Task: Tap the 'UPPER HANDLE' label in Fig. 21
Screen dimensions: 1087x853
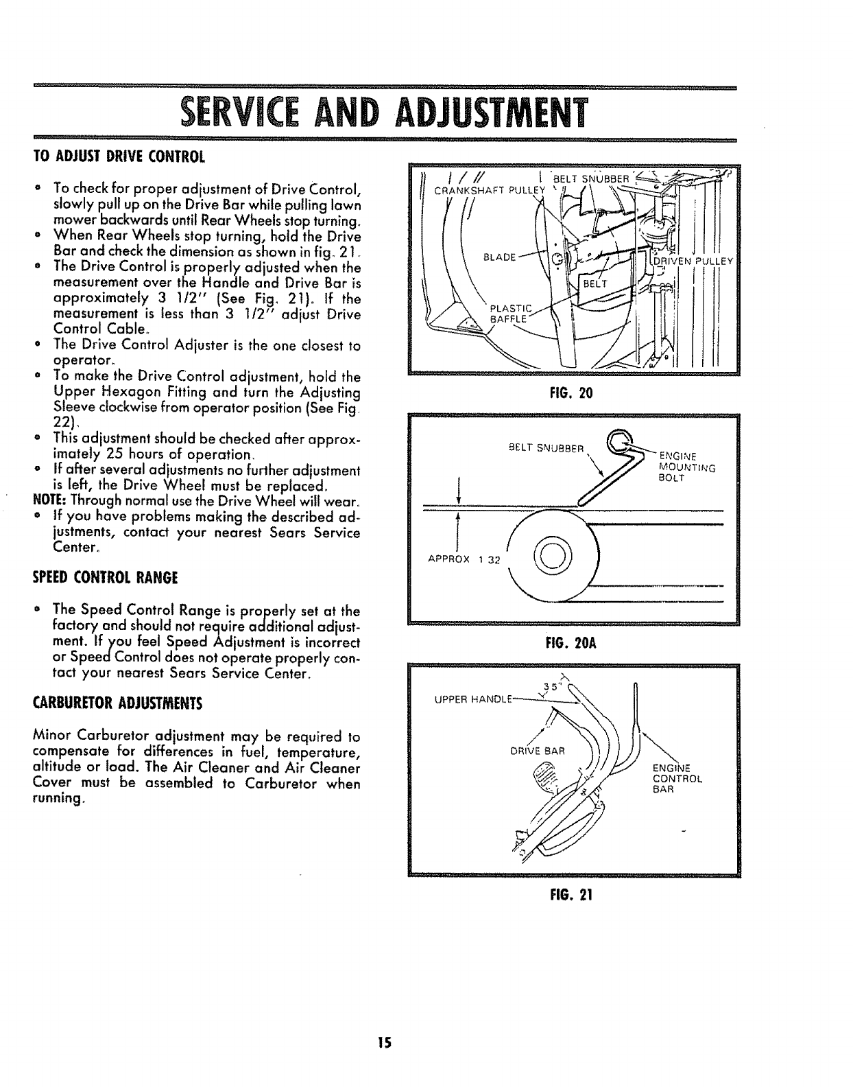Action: pos(463,699)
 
